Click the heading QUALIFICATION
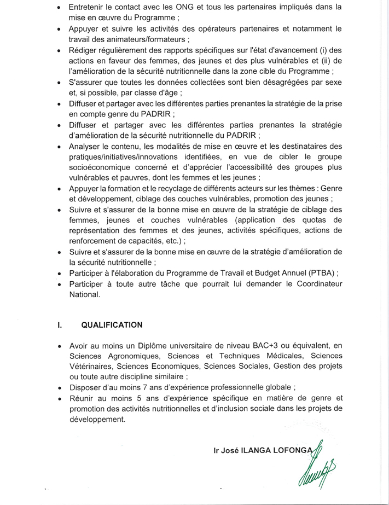tap(112, 325)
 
